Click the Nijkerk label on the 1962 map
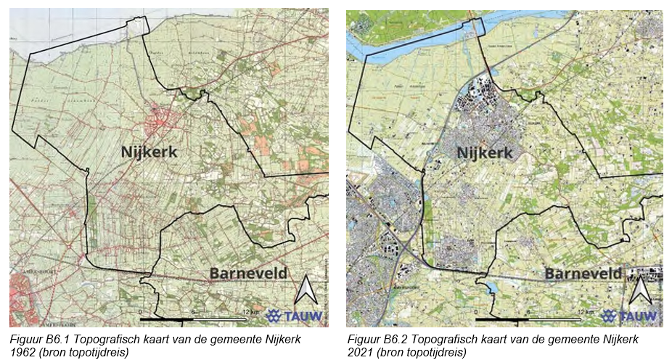tap(147, 151)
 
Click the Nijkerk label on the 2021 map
tap(485, 152)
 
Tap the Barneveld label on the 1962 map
tap(247, 274)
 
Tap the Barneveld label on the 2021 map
tap(583, 274)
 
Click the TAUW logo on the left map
tap(295, 316)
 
